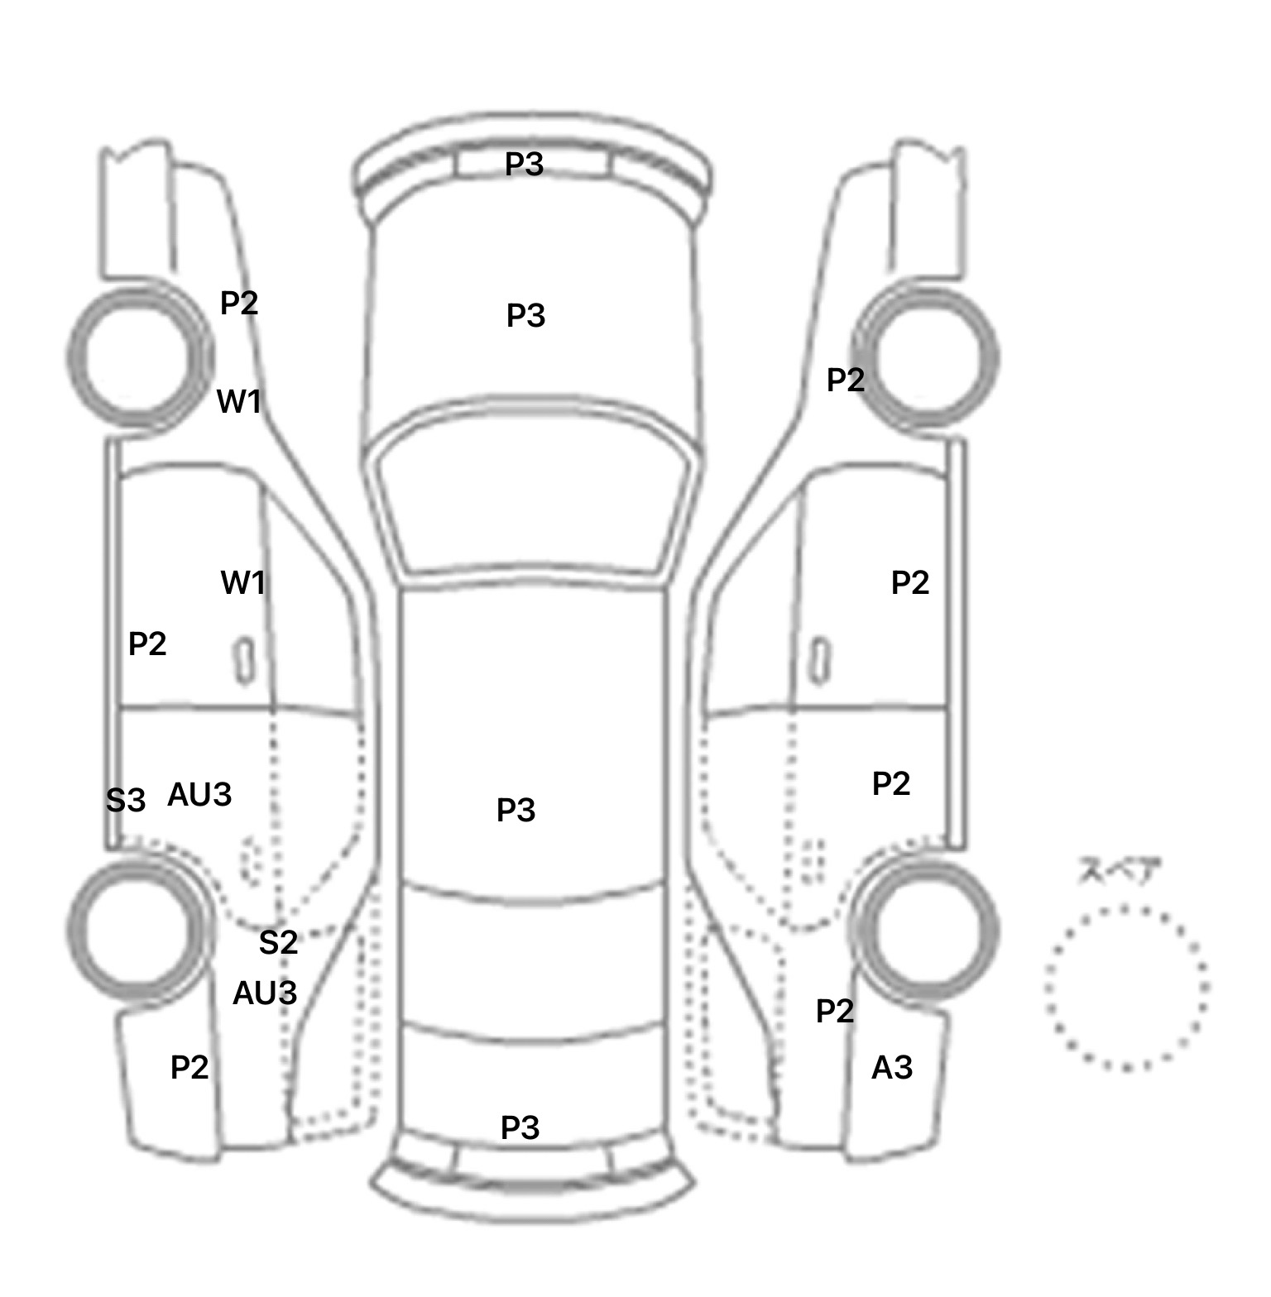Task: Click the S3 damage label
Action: [x=126, y=800]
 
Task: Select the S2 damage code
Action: [x=278, y=942]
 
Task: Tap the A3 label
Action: [x=892, y=1068]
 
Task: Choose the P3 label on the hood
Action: [x=525, y=315]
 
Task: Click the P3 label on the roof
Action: [x=516, y=810]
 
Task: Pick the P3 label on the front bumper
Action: [x=524, y=164]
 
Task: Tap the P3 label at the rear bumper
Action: [x=520, y=1127]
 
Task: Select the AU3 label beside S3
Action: [x=199, y=794]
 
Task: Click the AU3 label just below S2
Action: [x=265, y=993]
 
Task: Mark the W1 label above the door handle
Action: [x=243, y=583]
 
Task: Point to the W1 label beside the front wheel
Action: [x=239, y=401]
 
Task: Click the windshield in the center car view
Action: [x=534, y=496]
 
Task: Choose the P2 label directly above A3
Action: [x=835, y=1011]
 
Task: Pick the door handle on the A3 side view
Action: [x=820, y=661]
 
